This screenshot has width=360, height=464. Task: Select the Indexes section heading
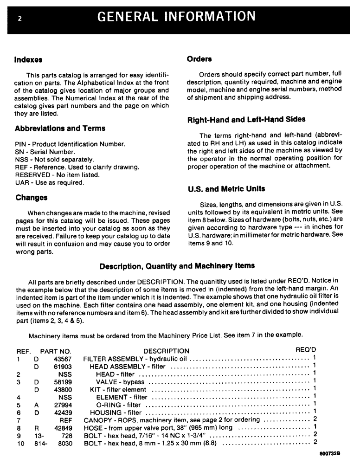pyautogui.click(x=28, y=60)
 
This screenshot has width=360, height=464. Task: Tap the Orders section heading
pyautogui.click(x=199, y=59)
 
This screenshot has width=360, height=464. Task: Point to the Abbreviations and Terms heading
pyautogui.click(x=60, y=129)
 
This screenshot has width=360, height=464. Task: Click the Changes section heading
pyautogui.click(x=31, y=198)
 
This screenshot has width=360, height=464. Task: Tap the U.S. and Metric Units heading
pyautogui.click(x=226, y=189)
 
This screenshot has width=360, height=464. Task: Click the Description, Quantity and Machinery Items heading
pyautogui.click(x=177, y=266)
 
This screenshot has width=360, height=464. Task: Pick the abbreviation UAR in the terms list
pyautogui.click(x=22, y=183)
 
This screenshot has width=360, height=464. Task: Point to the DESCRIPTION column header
pyautogui.click(x=166, y=351)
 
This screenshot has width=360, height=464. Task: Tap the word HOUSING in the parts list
pyautogui.click(x=106, y=412)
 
